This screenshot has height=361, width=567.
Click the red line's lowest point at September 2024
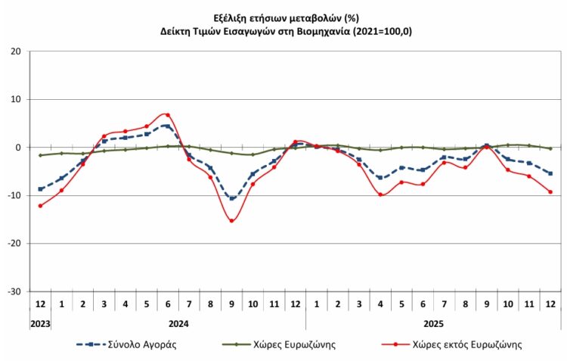coord(231,220)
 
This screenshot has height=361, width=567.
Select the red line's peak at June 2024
coord(168,115)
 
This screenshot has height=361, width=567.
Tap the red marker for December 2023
coord(40,205)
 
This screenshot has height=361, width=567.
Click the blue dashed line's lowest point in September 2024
coord(231,198)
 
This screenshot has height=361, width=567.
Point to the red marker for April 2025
coord(380,195)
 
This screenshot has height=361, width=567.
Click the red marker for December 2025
coord(550,191)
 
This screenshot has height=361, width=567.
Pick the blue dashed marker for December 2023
coord(40,188)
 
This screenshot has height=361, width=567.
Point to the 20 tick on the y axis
coord(16,51)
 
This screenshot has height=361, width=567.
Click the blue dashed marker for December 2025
coord(550,173)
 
